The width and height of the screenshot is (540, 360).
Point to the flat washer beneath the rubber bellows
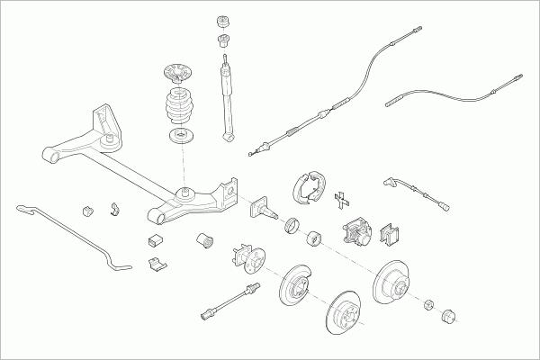[x=183, y=137]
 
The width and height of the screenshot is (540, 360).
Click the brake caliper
[x=356, y=233]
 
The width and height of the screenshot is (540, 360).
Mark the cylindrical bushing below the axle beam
[x=204, y=240]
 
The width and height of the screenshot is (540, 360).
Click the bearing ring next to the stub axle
[x=293, y=225]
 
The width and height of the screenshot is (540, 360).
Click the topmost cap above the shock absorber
[x=223, y=21]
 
